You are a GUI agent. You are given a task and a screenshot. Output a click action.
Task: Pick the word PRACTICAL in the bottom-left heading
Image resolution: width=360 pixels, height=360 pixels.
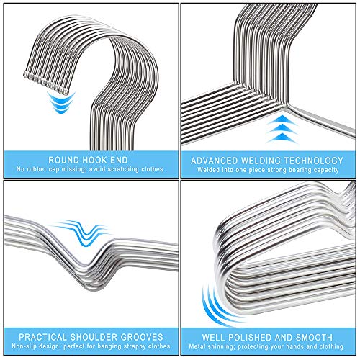pos(43,337)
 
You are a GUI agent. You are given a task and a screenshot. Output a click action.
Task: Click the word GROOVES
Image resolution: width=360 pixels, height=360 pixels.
pos(142,337)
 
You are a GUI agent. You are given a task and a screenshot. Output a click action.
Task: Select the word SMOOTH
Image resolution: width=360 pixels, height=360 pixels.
pos(314,337)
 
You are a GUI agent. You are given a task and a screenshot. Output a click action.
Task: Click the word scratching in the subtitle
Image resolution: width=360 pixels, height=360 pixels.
pos(123,169)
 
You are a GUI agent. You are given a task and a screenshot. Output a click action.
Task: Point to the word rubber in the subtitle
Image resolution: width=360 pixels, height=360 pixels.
pos(35,169)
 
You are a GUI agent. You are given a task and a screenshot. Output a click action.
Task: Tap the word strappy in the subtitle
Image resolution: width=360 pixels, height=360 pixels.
pos(132,346)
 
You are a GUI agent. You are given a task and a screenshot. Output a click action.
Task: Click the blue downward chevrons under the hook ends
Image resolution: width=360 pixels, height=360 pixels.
pos(61,102)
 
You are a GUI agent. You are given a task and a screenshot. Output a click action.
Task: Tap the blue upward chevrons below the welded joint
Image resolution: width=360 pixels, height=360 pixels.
pos(282,129)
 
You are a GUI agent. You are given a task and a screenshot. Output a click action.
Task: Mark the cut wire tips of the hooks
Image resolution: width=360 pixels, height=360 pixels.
pos(45,84)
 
